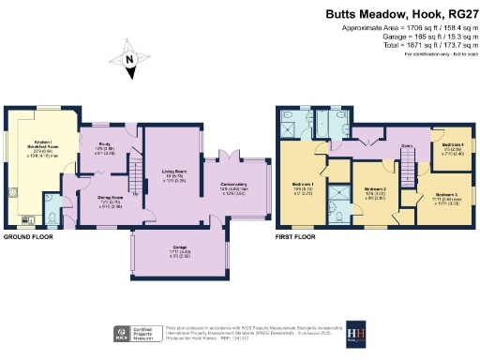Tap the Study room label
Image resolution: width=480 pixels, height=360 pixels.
(105, 147)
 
